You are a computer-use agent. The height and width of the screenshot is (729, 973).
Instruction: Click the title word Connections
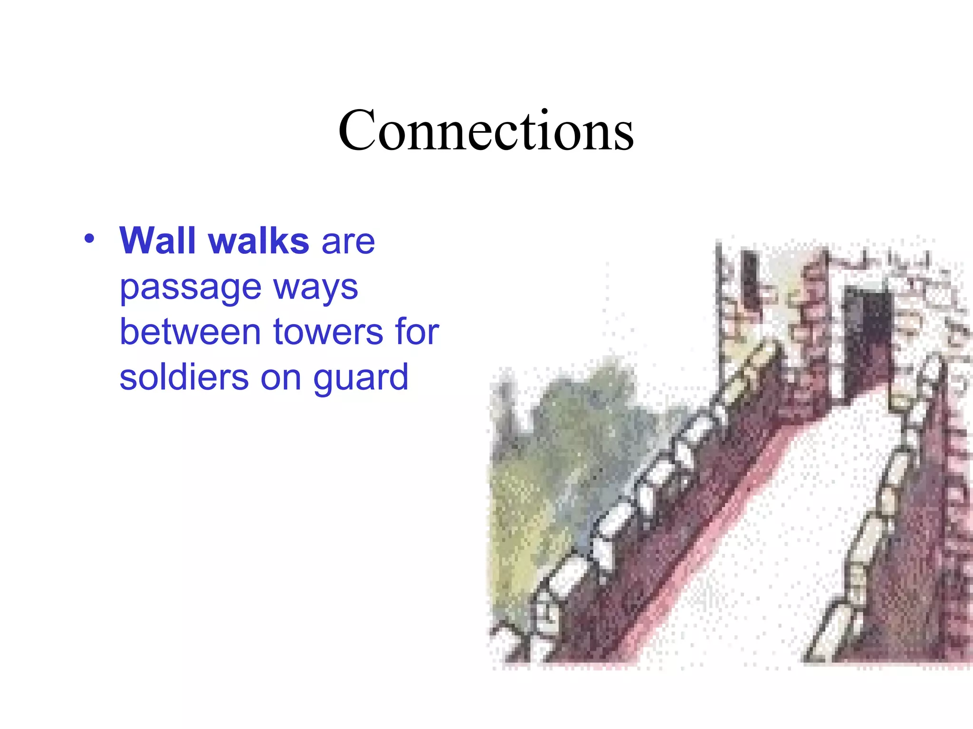click(x=486, y=131)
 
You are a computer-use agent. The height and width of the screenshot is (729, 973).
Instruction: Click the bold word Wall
click(x=157, y=241)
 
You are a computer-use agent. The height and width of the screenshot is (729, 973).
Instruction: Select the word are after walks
click(x=348, y=242)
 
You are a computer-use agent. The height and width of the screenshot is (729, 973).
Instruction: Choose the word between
click(x=190, y=332)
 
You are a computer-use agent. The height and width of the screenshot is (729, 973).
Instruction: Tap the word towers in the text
click(x=328, y=332)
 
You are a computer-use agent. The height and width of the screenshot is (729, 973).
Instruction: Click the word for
click(x=417, y=332)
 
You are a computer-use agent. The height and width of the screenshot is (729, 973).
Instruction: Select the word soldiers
click(x=184, y=377)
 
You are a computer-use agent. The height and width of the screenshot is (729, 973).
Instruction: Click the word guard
click(x=361, y=378)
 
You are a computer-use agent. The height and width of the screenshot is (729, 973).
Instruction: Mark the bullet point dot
click(x=89, y=239)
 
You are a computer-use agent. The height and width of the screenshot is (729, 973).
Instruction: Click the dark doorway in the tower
click(x=866, y=337)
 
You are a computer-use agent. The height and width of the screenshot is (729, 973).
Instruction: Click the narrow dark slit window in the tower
click(x=751, y=280)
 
